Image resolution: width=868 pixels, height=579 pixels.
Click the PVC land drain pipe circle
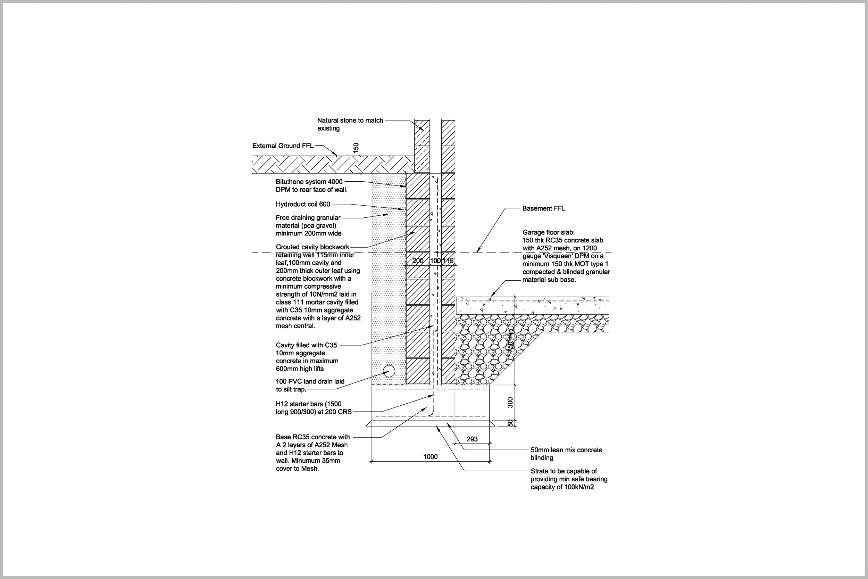click(x=389, y=371)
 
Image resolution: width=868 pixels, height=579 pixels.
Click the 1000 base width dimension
click(x=430, y=457)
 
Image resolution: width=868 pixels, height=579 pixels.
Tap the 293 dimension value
click(x=472, y=439)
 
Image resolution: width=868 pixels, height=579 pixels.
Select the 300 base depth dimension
click(x=510, y=403)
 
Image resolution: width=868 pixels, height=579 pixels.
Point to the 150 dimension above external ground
click(x=356, y=148)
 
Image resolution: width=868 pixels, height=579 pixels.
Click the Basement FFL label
click(x=544, y=208)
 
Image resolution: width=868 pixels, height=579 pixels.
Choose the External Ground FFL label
click(x=283, y=146)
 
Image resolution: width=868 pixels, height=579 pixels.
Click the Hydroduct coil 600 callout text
click(x=303, y=204)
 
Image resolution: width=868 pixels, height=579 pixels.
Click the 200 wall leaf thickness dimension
click(x=418, y=261)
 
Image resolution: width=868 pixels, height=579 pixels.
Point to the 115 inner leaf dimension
click(x=448, y=261)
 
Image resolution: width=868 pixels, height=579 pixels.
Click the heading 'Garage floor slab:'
click(x=549, y=232)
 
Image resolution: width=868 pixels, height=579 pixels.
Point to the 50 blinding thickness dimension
click(x=510, y=423)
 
